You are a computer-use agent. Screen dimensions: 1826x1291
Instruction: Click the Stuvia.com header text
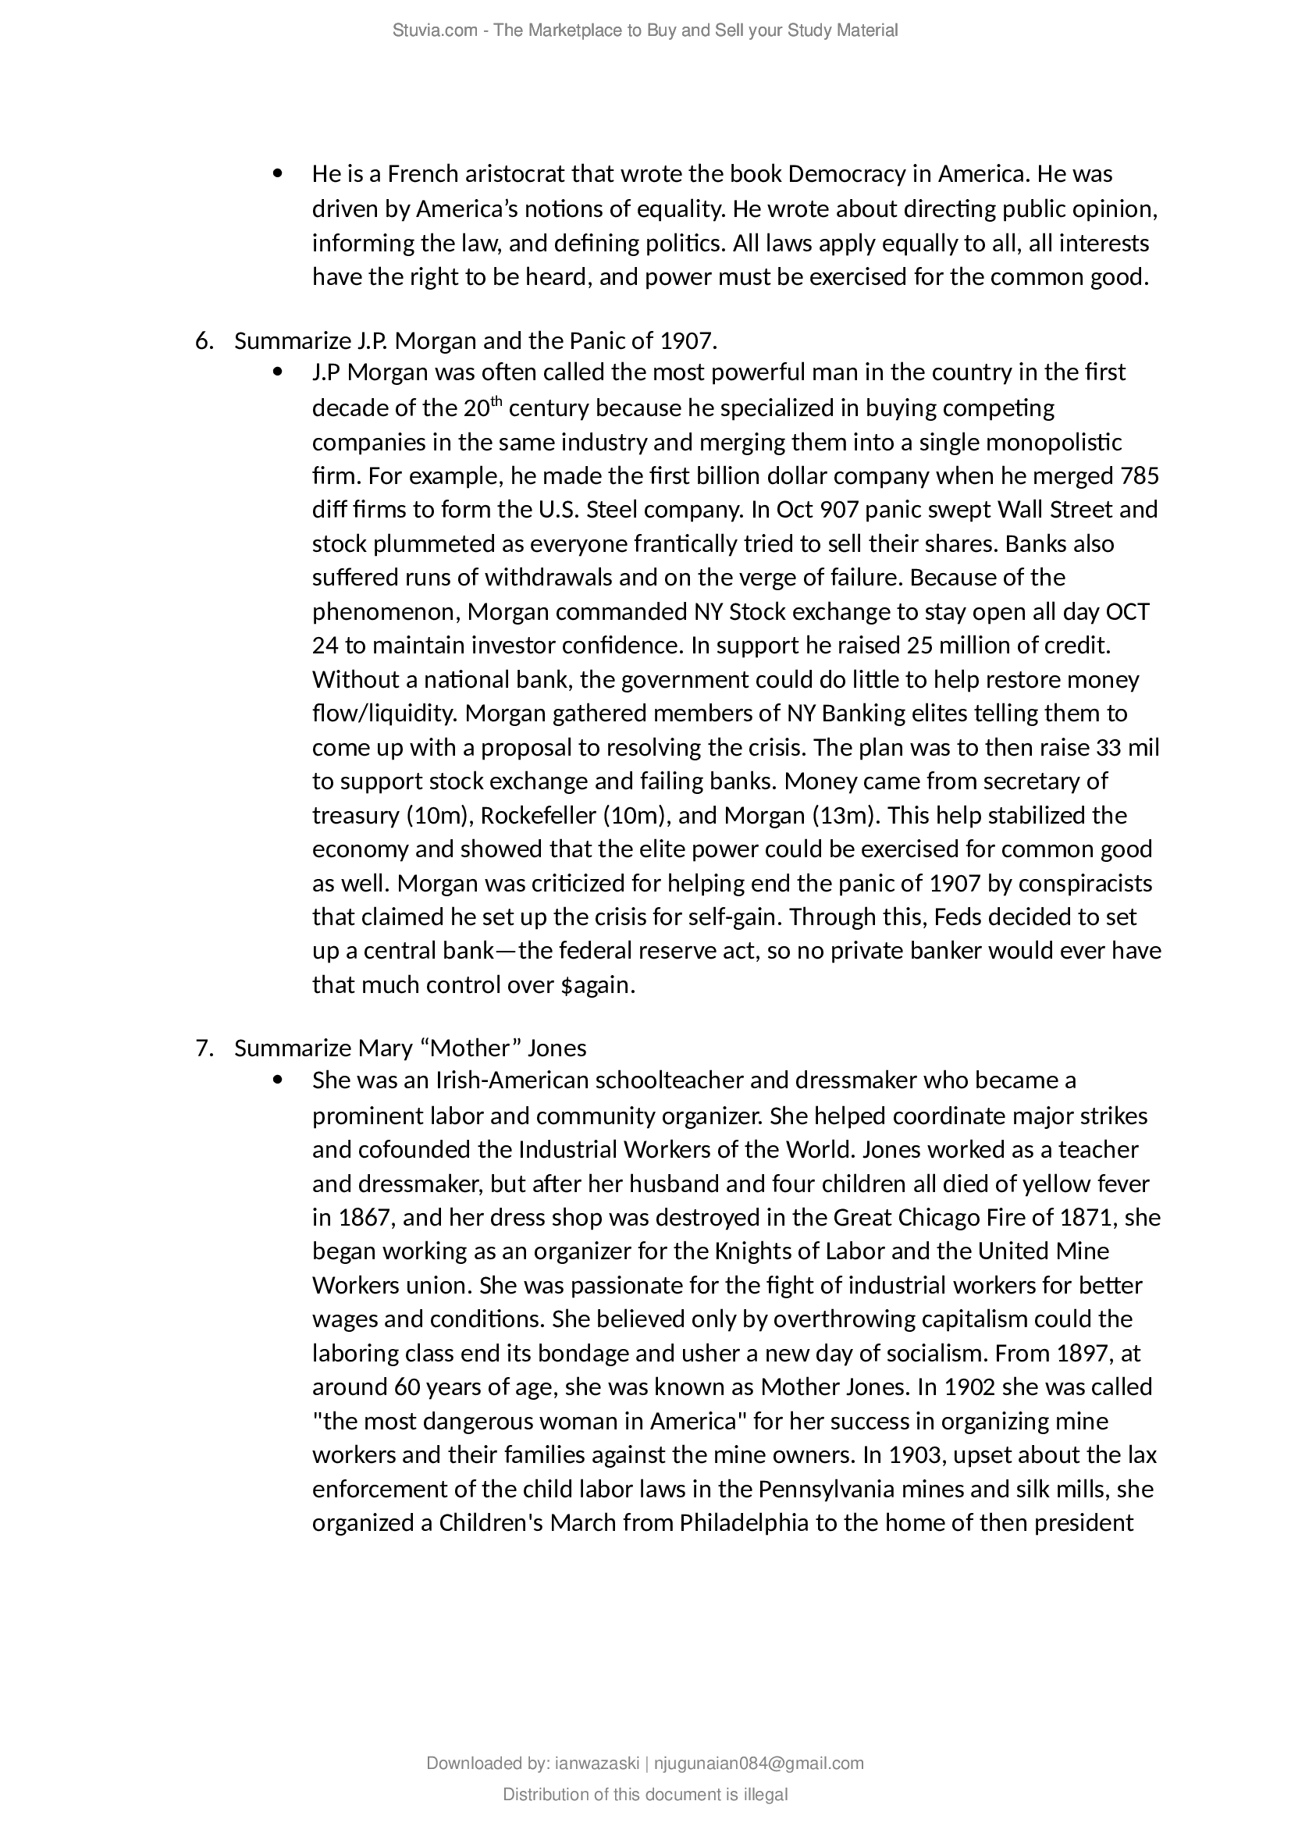[x=645, y=30]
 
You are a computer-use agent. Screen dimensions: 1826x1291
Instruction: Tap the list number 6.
[x=204, y=341]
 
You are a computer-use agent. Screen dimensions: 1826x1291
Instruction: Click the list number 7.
[x=204, y=1048]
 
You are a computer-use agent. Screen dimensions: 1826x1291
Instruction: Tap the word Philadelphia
[x=743, y=1523]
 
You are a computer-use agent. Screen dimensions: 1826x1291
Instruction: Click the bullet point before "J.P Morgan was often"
[x=277, y=372]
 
